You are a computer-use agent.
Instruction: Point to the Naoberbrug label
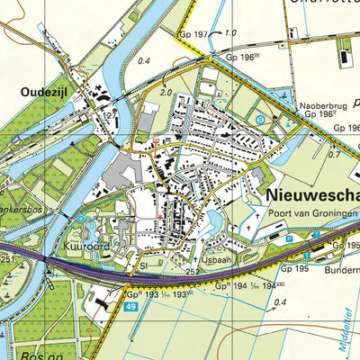(x=322, y=104)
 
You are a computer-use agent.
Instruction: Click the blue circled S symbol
(x=260, y=119)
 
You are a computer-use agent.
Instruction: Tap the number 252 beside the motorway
(x=191, y=270)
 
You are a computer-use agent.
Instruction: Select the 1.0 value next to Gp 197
(x=230, y=33)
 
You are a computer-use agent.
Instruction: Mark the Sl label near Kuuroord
(x=141, y=267)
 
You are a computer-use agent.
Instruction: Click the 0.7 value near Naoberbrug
(x=334, y=155)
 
